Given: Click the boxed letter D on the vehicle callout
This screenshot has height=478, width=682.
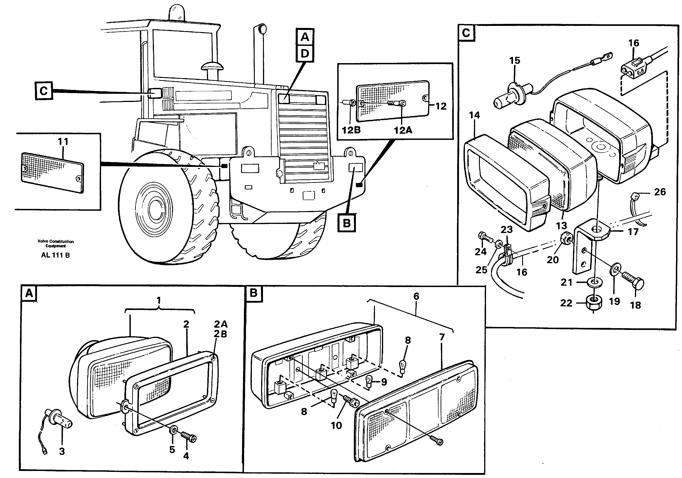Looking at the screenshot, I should tap(305, 54).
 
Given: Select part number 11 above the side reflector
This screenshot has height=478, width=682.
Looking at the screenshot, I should tap(63, 141).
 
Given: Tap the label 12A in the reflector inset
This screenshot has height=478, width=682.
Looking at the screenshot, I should tap(403, 130).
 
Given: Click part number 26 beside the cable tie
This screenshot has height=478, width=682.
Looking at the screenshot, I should tap(660, 192).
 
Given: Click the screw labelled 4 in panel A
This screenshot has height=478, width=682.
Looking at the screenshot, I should tap(189, 437).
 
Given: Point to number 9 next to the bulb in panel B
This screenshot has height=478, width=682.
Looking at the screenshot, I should tap(384, 382).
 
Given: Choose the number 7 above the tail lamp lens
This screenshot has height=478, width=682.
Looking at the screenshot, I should tap(442, 337).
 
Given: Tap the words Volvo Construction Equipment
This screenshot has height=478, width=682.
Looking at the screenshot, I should tap(56, 243).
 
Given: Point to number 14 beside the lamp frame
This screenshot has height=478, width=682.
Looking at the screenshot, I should tap(474, 115).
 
